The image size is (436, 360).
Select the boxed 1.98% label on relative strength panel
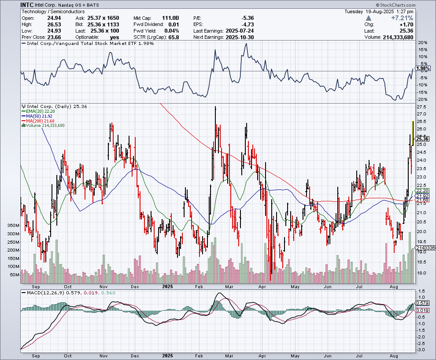[422, 68]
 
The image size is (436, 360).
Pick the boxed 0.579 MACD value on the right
[421, 303]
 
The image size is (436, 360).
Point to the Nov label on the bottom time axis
[104, 355]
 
